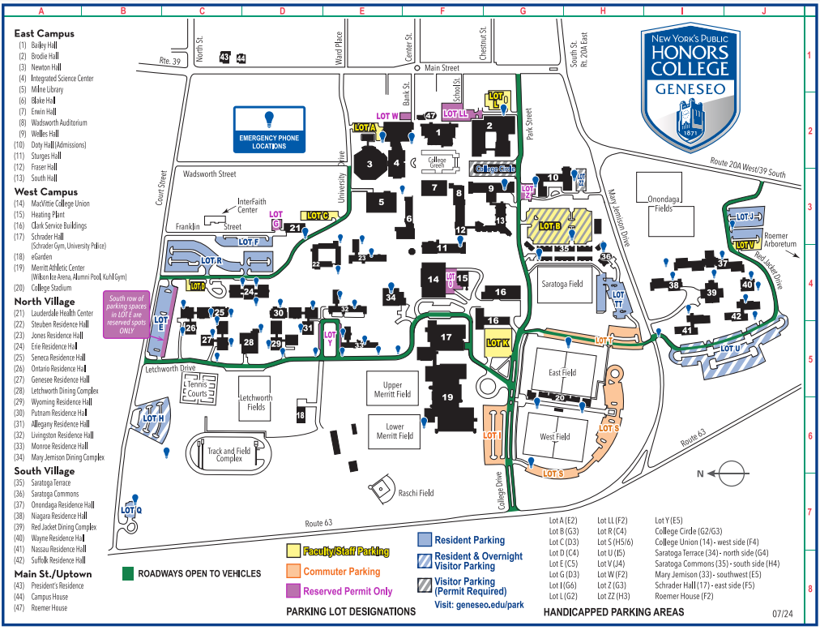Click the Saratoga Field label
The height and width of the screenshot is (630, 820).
(x=562, y=285)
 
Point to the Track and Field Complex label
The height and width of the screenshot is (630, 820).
(x=229, y=455)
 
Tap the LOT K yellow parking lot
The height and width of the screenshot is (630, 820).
(x=498, y=343)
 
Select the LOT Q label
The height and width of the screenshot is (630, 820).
(x=131, y=510)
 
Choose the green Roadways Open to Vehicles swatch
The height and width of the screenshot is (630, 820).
(x=127, y=573)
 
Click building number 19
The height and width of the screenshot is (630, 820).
(x=447, y=397)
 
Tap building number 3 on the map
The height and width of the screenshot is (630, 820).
(x=369, y=164)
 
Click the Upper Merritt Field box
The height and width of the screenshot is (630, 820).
(x=393, y=389)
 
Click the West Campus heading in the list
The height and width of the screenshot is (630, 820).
(x=45, y=192)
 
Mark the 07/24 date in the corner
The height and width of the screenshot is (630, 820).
(x=782, y=614)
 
